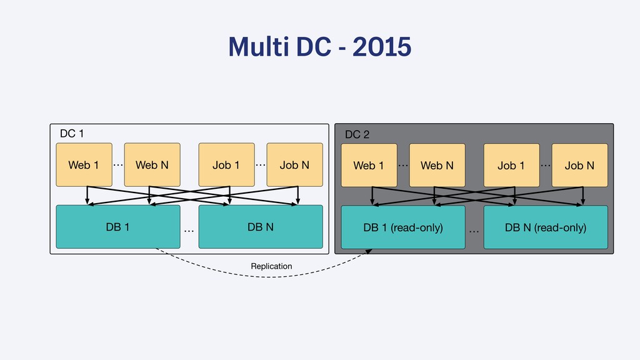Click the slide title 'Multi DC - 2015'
[x=319, y=46]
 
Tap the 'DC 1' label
[x=72, y=134]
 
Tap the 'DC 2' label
[x=357, y=134]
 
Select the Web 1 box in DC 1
[x=84, y=164]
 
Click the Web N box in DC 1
[x=152, y=164]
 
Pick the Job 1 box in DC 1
[x=226, y=164]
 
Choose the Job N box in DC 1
[x=295, y=164]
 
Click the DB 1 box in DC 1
[x=118, y=227]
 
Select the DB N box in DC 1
[x=261, y=227]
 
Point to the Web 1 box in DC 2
[x=369, y=165]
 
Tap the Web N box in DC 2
[x=437, y=165]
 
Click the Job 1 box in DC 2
[x=511, y=165]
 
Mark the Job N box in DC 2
[x=579, y=165]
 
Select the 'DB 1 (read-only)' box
[x=403, y=227]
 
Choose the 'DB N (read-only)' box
[x=546, y=227]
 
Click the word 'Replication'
[x=271, y=266]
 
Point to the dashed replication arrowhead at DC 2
[x=369, y=251]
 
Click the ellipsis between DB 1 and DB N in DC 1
[x=189, y=231]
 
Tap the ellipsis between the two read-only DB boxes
[x=474, y=232]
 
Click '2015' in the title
[x=382, y=46]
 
